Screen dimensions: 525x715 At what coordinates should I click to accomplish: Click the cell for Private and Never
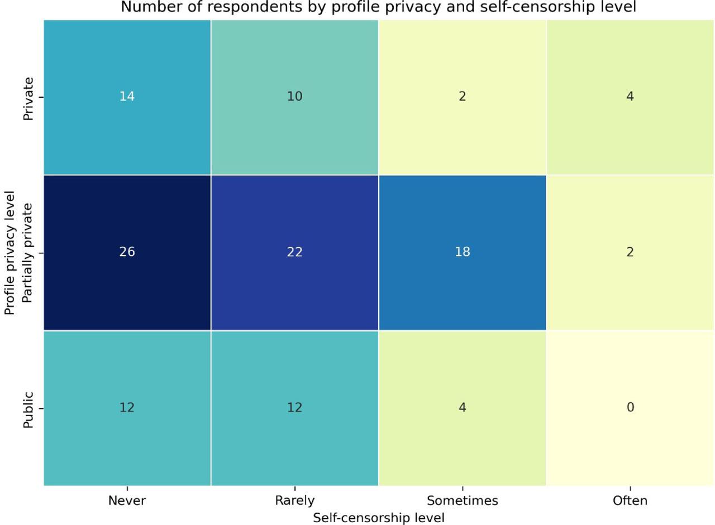[x=127, y=97]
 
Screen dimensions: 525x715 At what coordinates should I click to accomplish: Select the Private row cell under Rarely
[x=295, y=97]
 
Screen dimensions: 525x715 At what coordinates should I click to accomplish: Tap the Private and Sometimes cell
[x=463, y=97]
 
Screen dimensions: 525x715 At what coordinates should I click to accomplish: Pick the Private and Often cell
[x=630, y=97]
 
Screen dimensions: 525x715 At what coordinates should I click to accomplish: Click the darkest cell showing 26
[x=127, y=252]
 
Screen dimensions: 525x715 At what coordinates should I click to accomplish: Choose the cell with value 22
[x=295, y=252]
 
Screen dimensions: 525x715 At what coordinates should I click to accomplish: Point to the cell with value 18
[x=463, y=252]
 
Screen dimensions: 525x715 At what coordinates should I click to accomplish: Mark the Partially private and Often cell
[x=630, y=252]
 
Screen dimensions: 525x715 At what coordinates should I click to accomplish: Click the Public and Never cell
[x=127, y=408]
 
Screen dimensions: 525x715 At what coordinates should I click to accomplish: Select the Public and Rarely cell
[x=295, y=408]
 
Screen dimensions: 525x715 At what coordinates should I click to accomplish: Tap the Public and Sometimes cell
[x=463, y=408]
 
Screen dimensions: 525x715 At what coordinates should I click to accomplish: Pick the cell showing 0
[x=630, y=408]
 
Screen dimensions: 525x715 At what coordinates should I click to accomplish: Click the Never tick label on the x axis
[x=127, y=501]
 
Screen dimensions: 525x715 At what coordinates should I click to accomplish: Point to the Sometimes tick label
[x=463, y=501]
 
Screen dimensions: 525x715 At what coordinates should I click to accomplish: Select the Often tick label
[x=630, y=501]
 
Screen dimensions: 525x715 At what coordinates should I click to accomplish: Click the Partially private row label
[x=28, y=252]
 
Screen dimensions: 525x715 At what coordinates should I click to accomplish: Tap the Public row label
[x=28, y=410]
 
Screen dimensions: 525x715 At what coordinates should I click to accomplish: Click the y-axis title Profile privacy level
[x=9, y=252]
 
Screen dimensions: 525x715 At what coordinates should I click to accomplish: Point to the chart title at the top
[x=379, y=7]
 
